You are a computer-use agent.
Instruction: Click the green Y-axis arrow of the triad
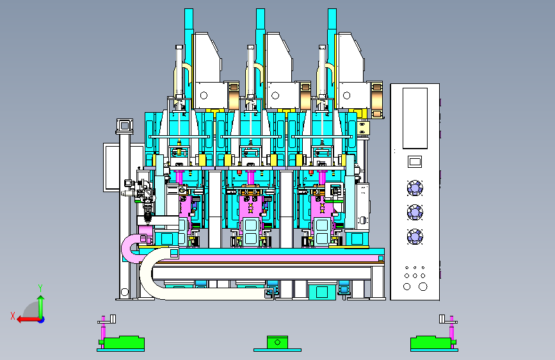41,307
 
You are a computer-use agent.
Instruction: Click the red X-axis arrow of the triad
29,320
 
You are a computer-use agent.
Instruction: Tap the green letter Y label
40,288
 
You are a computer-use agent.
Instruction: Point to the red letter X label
13,316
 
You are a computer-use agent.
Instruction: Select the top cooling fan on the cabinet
415,188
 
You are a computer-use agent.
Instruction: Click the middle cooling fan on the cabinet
415,212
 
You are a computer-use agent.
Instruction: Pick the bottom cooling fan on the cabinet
415,237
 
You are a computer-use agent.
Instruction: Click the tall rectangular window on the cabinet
415,119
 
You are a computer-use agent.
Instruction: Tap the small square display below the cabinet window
415,162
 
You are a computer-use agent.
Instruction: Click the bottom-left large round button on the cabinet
407,286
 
